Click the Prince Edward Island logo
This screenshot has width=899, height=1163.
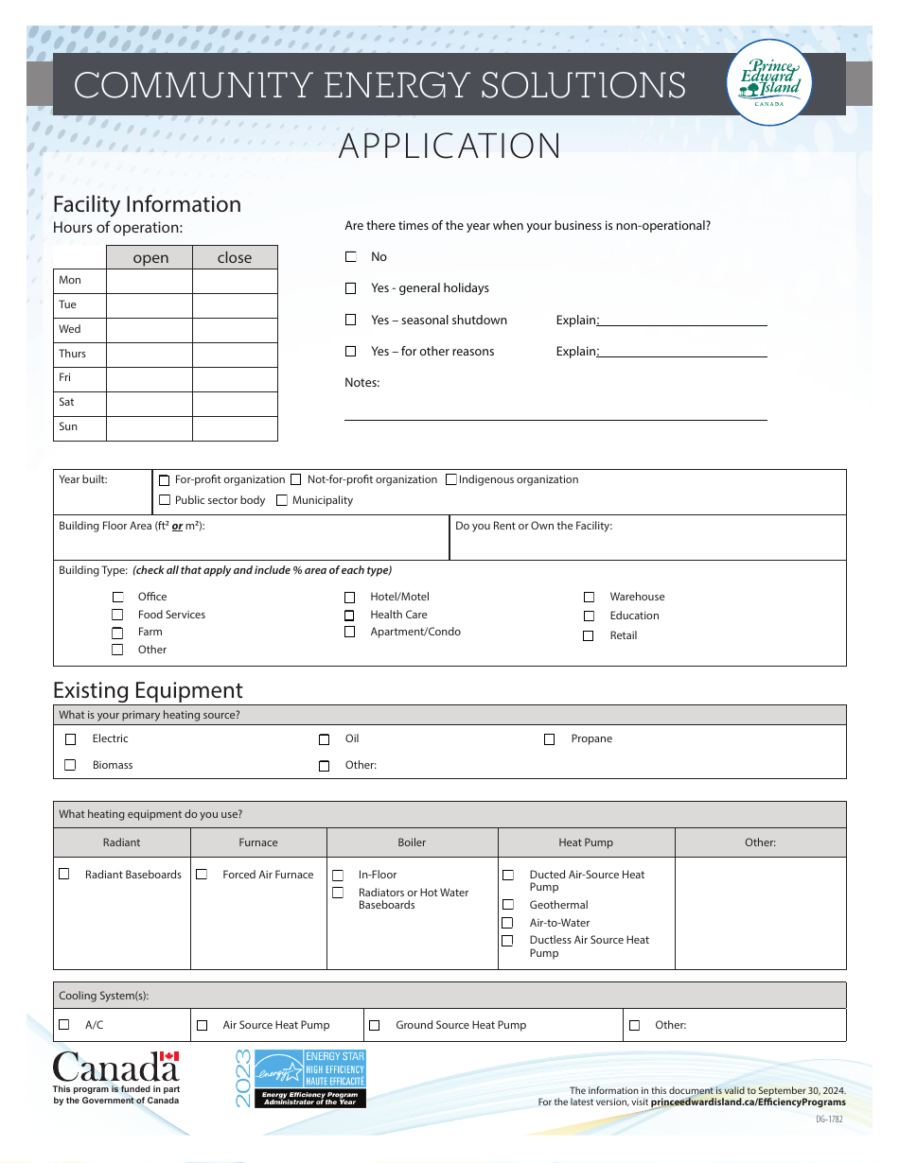[x=768, y=84]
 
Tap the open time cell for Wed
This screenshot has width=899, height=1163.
[x=149, y=330]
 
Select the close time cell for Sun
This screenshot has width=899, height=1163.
[x=235, y=428]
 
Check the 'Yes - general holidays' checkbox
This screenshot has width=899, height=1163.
[x=351, y=288]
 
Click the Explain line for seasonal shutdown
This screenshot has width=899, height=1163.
[x=682, y=321]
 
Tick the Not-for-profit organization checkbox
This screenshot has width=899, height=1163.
[x=296, y=480]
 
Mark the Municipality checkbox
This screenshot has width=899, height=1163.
[x=282, y=501]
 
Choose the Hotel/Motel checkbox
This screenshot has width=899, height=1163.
[x=349, y=598]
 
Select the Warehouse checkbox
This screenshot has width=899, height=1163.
[x=589, y=598]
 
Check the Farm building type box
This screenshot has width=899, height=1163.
[x=117, y=633]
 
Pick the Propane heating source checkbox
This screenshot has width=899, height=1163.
[x=549, y=739]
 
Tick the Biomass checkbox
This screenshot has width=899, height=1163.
[x=70, y=765]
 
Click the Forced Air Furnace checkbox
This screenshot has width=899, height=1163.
[x=202, y=875]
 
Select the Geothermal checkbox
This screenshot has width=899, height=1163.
[x=507, y=905]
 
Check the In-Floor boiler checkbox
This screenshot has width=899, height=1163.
[x=338, y=876]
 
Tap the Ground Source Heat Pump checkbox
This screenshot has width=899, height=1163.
[x=374, y=1025]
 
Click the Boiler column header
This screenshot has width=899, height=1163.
[x=412, y=842]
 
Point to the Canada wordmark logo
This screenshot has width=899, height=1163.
[x=115, y=1068]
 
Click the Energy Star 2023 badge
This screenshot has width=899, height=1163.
[x=298, y=1078]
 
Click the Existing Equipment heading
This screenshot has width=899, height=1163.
[x=148, y=690]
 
